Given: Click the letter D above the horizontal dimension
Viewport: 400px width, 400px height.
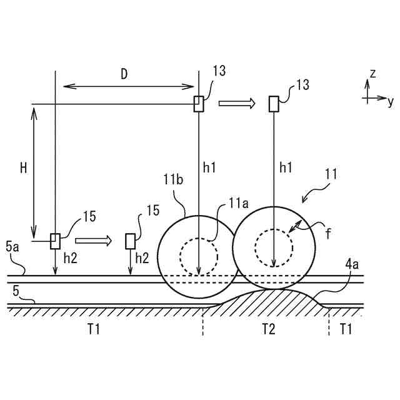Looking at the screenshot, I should tap(124, 74).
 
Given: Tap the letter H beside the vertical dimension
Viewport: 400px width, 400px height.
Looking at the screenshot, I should tap(23, 167).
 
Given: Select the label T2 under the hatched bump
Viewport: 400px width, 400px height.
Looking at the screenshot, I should tap(268, 329).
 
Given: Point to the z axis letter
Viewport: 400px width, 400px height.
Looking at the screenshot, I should tap(372, 74).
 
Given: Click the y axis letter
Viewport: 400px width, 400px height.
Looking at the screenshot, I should tap(390, 100).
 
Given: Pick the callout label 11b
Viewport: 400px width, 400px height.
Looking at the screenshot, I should tap(173, 181).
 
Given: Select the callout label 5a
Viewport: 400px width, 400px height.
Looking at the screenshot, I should tap(12, 247).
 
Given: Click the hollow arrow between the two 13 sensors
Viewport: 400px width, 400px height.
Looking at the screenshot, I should tap(237, 103).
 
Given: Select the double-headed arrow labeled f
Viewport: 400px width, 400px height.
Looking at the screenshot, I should tap(297, 227).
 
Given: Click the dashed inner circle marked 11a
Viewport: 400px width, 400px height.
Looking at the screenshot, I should tap(199, 256).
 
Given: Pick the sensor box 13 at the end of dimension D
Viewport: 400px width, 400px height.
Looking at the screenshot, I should tap(198, 104).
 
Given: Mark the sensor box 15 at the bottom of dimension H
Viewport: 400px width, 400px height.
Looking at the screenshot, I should tap(55, 241).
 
